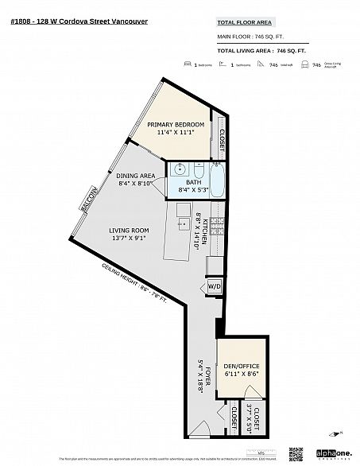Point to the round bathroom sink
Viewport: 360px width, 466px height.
pos(179,169)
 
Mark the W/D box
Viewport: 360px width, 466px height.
pos(215,286)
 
